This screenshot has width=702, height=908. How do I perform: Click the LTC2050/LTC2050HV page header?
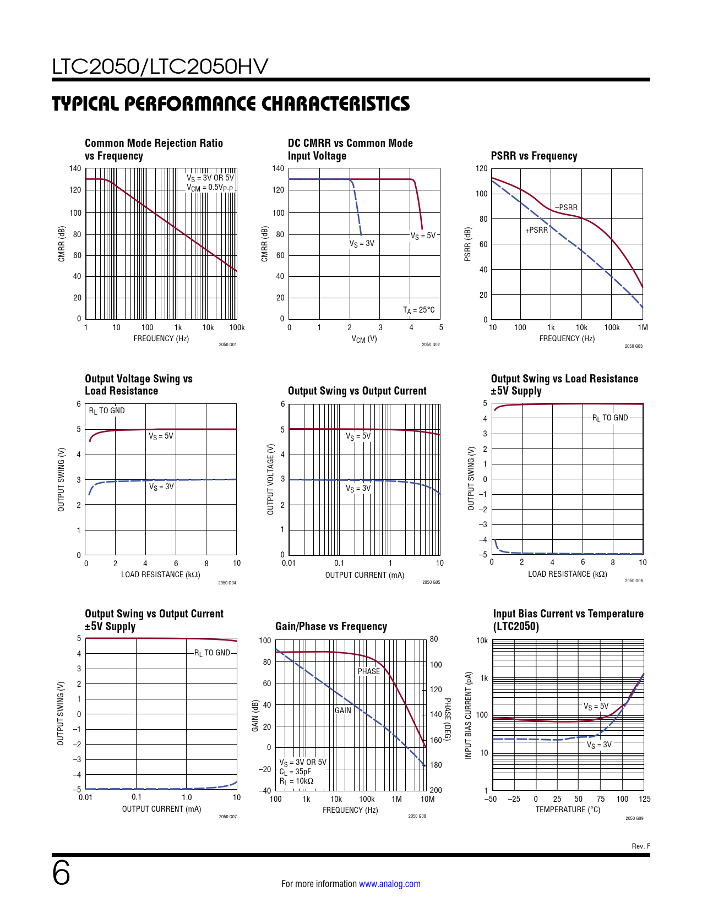point(160,67)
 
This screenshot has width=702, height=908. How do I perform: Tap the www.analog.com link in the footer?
point(389,884)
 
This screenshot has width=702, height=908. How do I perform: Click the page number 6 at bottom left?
point(61,873)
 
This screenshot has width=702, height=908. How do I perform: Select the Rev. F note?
point(640,846)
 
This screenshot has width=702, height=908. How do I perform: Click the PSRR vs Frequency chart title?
point(534,156)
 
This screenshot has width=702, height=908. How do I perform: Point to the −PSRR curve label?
point(567,207)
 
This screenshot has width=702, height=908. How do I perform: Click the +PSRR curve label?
point(536,230)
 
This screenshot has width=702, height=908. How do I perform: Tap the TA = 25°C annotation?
point(418,310)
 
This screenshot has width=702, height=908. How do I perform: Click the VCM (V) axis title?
point(364,339)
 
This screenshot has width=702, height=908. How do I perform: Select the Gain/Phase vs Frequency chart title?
point(331,626)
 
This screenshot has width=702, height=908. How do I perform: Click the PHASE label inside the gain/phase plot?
point(368,671)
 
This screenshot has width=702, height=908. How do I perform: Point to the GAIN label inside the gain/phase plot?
point(342,710)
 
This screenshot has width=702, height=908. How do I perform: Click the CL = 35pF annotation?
point(295,772)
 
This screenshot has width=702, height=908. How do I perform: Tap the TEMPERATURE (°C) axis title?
point(568,809)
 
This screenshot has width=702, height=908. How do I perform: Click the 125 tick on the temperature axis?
point(644,799)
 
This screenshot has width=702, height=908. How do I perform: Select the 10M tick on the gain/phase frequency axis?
point(427,799)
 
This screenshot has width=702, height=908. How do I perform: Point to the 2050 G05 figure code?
point(431,582)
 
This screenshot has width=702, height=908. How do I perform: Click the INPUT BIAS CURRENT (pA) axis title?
point(469,715)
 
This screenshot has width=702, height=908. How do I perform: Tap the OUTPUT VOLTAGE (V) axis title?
point(270,479)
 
